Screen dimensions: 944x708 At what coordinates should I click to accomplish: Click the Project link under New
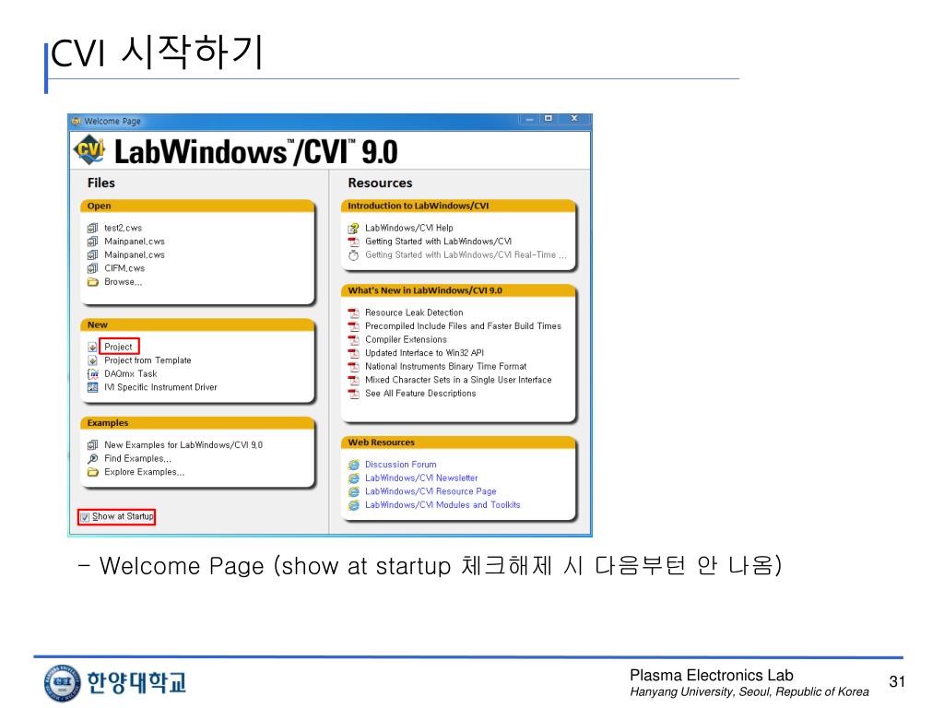click(118, 347)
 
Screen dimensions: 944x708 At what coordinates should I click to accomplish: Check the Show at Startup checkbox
click(85, 517)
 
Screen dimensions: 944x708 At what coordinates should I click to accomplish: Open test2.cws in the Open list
click(123, 228)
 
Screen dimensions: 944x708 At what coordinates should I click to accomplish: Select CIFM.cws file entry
click(124, 268)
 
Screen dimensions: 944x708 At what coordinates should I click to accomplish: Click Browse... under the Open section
click(123, 282)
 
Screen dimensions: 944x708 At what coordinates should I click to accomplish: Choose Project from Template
click(147, 360)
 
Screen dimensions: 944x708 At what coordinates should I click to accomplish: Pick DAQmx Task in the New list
click(130, 374)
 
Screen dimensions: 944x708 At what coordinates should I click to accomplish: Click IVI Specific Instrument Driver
click(160, 387)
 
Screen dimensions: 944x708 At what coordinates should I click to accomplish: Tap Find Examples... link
click(137, 458)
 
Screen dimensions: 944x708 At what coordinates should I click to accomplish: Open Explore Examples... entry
click(144, 472)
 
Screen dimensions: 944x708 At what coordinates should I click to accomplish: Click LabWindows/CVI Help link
click(408, 228)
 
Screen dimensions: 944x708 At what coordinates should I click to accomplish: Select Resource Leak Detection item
click(414, 313)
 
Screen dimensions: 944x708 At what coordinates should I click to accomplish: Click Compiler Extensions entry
click(406, 339)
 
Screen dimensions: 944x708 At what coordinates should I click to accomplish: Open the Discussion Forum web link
click(400, 465)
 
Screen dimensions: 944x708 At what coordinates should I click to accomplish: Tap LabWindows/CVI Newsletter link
click(421, 478)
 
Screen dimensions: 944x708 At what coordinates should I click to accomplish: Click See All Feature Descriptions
click(420, 394)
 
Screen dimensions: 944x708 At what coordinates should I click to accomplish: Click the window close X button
click(574, 119)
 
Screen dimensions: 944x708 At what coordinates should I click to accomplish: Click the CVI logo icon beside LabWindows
click(89, 150)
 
